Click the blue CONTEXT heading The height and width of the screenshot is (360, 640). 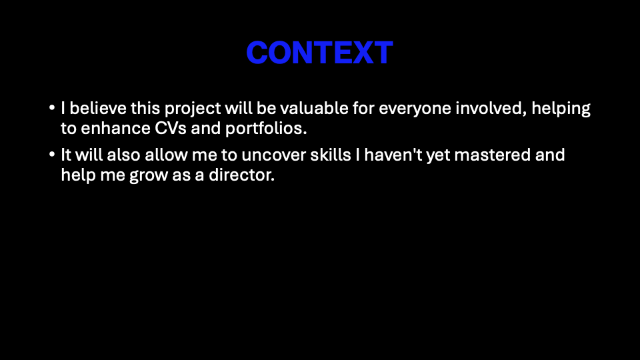click(x=319, y=53)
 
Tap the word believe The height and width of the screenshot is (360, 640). click(x=98, y=108)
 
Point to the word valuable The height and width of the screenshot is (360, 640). click(x=314, y=108)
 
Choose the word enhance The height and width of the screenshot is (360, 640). click(x=115, y=129)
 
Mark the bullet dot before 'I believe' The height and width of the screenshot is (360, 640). click(x=52, y=108)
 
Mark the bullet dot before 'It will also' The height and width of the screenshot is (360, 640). click(x=52, y=155)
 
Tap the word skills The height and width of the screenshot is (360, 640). click(x=331, y=155)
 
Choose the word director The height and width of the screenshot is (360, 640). click(x=241, y=175)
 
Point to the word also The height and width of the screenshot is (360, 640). click(x=124, y=155)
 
